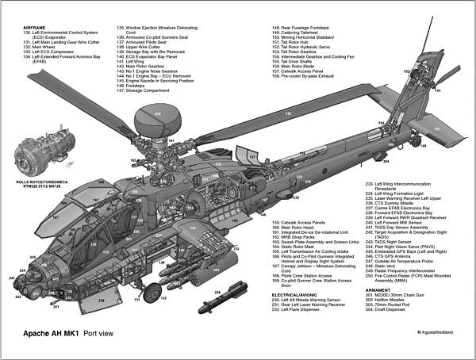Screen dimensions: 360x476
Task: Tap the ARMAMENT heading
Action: point(380,312)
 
